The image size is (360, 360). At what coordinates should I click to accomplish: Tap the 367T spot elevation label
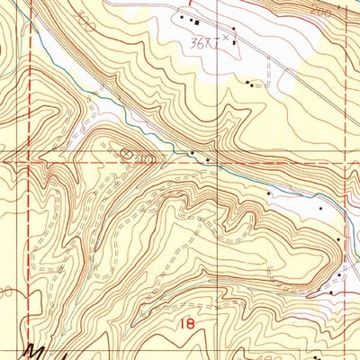pos(206,42)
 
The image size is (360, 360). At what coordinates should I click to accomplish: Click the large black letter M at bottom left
pos(36,350)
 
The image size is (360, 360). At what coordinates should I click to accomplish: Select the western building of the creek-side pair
pos(192,152)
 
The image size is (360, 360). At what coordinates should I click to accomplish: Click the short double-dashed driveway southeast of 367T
pos(269,68)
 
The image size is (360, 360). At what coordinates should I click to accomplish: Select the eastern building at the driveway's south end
pos(255,85)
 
